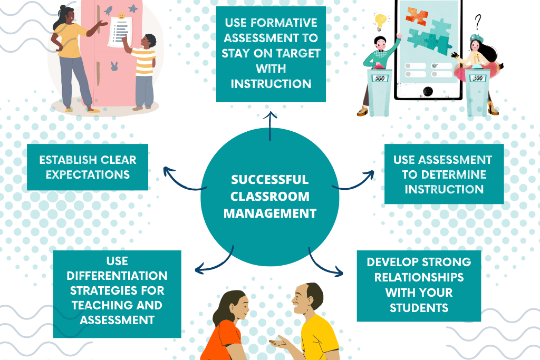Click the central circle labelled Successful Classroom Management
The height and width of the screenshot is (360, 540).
click(x=270, y=197)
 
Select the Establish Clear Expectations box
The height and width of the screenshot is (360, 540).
click(x=88, y=167)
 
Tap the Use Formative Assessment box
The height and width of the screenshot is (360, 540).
click(x=271, y=54)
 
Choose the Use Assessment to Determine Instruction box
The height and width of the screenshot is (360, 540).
click(x=444, y=174)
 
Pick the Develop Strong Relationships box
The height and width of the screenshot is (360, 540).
click(x=419, y=286)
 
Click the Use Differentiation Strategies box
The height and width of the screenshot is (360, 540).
click(x=117, y=294)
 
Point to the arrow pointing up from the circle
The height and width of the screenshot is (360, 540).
click(x=270, y=126)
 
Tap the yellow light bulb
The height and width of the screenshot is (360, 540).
click(x=380, y=21)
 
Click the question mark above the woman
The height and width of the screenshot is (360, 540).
click(x=477, y=22)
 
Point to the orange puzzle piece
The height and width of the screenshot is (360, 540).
click(x=417, y=15)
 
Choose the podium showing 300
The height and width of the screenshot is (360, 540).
click(x=478, y=92)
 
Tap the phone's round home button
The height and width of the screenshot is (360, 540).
click(x=428, y=92)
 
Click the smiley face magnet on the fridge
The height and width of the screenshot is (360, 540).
click(x=121, y=16)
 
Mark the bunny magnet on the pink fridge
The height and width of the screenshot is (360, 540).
click(x=114, y=66)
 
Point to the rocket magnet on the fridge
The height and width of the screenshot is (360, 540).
click(x=108, y=11)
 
